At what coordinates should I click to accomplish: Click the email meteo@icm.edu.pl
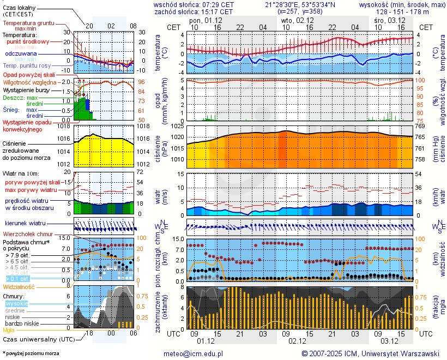[194, 353]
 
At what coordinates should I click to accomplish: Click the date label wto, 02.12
[298, 20]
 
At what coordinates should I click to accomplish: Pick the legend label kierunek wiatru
[25, 224]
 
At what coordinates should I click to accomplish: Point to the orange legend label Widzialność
[19, 286]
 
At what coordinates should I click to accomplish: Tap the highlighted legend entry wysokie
[16, 303]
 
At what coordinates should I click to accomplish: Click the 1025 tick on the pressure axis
[176, 127]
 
